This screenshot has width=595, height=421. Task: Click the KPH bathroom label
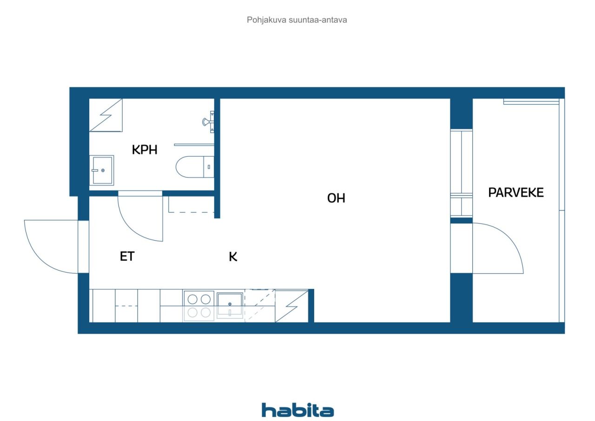click(x=145, y=150)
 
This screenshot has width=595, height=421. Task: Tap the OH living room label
click(x=336, y=198)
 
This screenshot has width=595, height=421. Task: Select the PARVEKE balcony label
click(x=516, y=193)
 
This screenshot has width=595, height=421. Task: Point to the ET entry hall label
click(x=127, y=257)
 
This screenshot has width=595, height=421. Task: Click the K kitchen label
click(x=233, y=257)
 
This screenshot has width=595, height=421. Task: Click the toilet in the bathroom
click(x=195, y=167)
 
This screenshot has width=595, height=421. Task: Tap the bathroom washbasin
click(x=101, y=170)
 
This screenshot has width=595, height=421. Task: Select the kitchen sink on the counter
click(x=230, y=305)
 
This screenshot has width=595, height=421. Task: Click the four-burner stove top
click(x=198, y=306)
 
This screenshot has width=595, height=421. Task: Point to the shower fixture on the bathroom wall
click(x=209, y=122)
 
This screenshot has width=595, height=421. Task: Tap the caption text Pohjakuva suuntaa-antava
click(x=297, y=20)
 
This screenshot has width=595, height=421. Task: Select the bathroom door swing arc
click(x=133, y=226)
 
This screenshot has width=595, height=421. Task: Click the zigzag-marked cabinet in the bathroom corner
click(x=106, y=115)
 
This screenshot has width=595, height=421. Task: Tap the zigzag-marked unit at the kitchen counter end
click(x=291, y=306)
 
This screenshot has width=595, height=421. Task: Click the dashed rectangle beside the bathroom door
click(x=191, y=204)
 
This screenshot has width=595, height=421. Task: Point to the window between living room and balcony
click(x=462, y=173)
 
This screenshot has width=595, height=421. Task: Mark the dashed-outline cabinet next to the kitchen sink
click(x=259, y=306)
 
